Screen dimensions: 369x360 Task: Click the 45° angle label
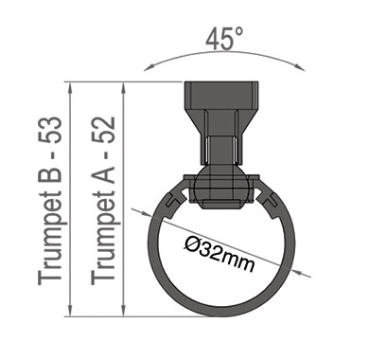tap(224, 39)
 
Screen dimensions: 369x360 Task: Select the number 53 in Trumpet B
tap(50, 130)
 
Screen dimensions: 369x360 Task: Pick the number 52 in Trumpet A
tap(103, 130)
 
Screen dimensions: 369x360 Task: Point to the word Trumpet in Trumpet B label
tap(50, 238)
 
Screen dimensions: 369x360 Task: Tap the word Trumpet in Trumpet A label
tap(103, 238)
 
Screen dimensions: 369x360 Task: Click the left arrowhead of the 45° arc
tap(149, 67)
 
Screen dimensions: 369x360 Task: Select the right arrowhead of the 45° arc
tap(300, 67)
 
